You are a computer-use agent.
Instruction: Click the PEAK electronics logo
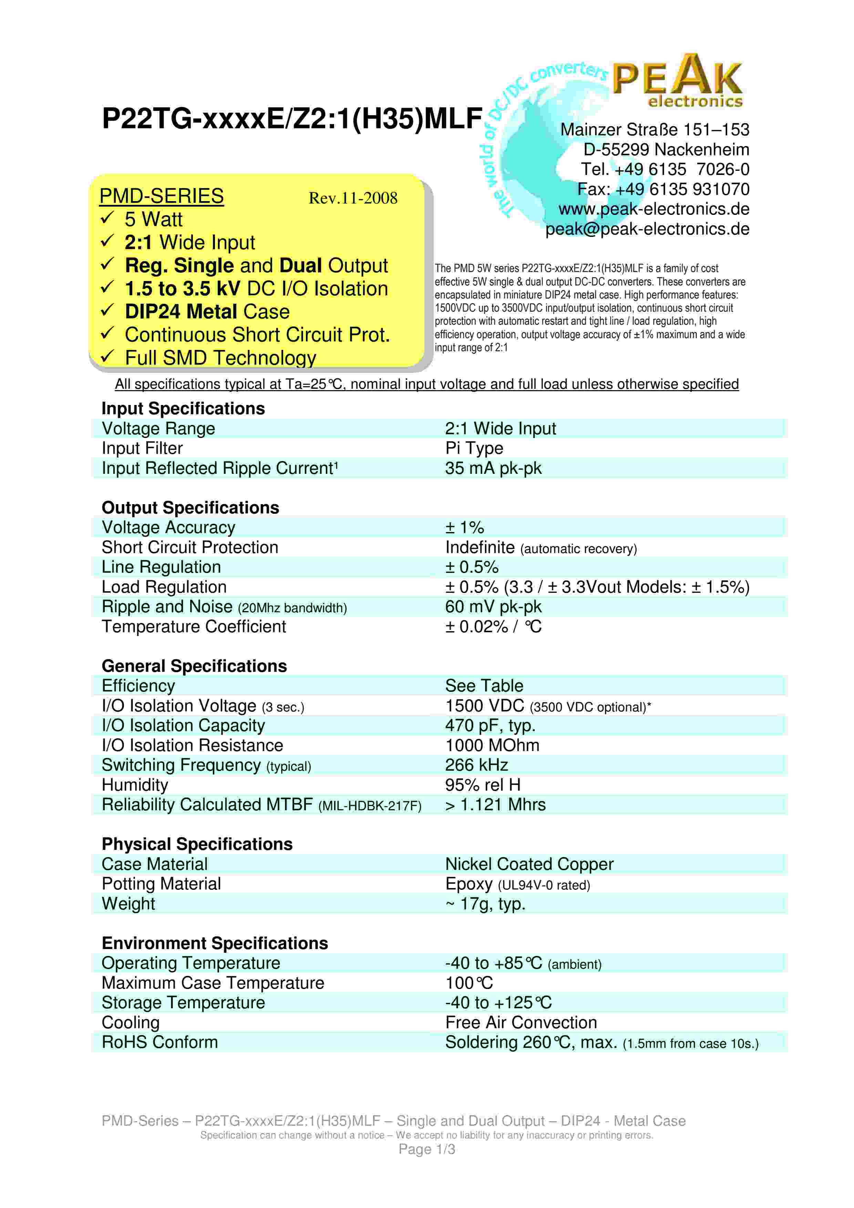[x=678, y=82]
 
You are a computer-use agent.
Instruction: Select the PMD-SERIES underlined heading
[x=162, y=196]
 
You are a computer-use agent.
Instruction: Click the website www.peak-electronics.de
[x=654, y=209]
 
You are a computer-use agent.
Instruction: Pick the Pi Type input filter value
[x=474, y=448]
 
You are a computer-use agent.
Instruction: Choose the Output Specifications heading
[x=190, y=508]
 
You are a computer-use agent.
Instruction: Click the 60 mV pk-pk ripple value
[x=493, y=607]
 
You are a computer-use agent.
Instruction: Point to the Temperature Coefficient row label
[x=194, y=627]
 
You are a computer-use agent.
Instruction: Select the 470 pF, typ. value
[x=490, y=726]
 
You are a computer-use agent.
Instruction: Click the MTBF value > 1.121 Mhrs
[x=495, y=805]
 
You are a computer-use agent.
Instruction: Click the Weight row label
[x=128, y=904]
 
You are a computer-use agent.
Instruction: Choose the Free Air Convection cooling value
[x=521, y=1023]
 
